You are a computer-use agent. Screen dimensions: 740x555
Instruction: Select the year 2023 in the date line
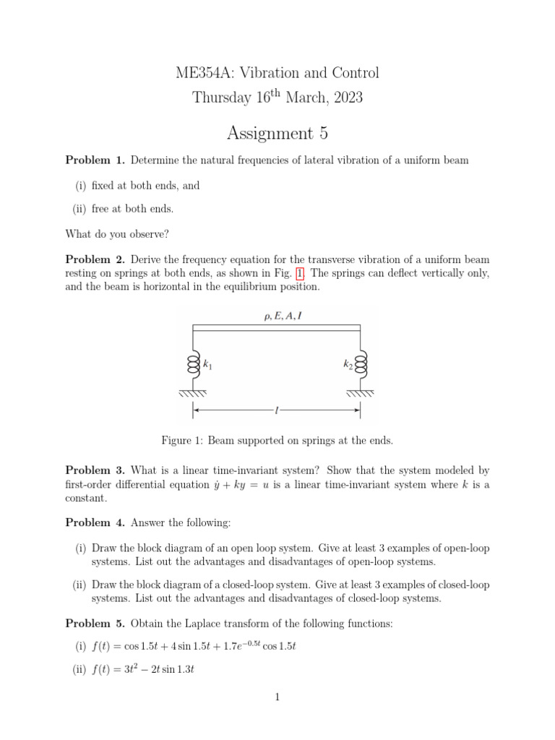click(x=346, y=97)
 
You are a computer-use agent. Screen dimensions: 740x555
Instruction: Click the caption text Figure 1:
click(x=183, y=440)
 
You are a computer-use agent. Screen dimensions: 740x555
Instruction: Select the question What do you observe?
click(x=116, y=233)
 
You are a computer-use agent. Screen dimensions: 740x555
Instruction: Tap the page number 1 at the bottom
click(x=277, y=697)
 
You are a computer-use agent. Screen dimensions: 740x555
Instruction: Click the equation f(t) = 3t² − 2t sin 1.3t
click(x=143, y=670)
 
